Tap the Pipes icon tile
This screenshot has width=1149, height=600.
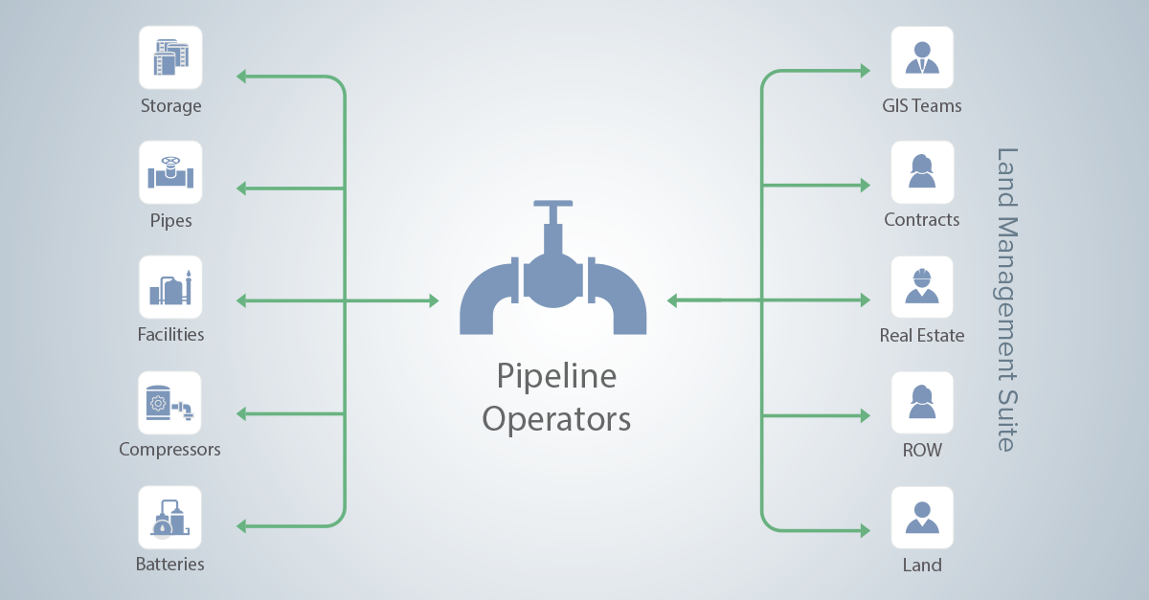point(170,172)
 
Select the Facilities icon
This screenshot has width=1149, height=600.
point(170,287)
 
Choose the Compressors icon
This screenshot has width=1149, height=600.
point(170,402)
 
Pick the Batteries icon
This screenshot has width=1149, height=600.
point(170,517)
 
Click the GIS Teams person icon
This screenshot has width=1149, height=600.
point(922,57)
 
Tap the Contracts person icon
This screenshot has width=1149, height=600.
point(922,172)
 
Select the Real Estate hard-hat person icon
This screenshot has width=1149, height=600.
point(922,287)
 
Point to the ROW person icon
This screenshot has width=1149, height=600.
point(922,402)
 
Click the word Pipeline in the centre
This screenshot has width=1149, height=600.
point(555,376)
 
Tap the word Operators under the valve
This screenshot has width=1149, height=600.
point(555,419)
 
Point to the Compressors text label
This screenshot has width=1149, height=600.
point(169,449)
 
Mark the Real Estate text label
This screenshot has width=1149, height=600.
point(922,336)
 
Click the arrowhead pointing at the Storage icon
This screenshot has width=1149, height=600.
point(242,76)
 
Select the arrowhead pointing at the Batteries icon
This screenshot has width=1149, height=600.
point(242,526)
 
